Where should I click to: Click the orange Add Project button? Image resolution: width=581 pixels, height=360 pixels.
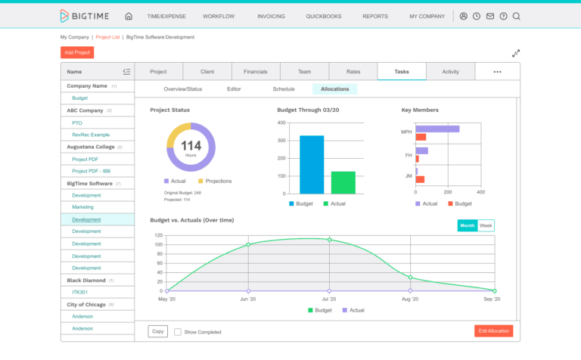pyautogui.click(x=77, y=52)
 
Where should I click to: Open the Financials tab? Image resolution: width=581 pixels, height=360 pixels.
pyautogui.click(x=255, y=72)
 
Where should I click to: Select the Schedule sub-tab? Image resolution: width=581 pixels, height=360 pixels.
pyautogui.click(x=284, y=89)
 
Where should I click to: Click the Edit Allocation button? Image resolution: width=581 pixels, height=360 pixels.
pyautogui.click(x=493, y=331)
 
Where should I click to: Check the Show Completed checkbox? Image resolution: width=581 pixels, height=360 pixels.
pyautogui.click(x=178, y=332)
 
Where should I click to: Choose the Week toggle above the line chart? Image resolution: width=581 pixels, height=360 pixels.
pyautogui.click(x=486, y=225)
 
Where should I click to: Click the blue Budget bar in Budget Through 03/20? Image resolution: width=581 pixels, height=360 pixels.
pyautogui.click(x=312, y=165)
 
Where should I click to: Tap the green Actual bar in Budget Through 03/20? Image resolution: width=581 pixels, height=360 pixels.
pyautogui.click(x=343, y=182)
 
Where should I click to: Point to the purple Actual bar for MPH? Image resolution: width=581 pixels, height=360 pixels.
pyautogui.click(x=437, y=129)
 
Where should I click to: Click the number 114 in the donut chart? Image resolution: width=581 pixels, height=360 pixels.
pyautogui.click(x=191, y=145)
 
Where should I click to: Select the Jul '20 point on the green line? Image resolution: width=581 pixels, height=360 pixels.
pyautogui.click(x=329, y=240)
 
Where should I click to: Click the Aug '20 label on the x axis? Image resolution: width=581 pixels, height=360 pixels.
pyautogui.click(x=411, y=299)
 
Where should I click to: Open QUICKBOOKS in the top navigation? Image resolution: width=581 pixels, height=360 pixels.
pyautogui.click(x=323, y=16)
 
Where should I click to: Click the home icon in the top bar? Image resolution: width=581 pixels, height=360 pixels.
pyautogui.click(x=129, y=16)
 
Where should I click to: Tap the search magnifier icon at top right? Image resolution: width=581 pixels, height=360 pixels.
pyautogui.click(x=516, y=16)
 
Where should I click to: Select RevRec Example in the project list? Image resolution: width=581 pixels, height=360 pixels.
pyautogui.click(x=90, y=135)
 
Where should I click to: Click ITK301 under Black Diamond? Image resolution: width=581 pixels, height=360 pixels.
pyautogui.click(x=80, y=292)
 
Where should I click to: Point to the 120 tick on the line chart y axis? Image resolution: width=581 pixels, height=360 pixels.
pyautogui.click(x=158, y=235)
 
